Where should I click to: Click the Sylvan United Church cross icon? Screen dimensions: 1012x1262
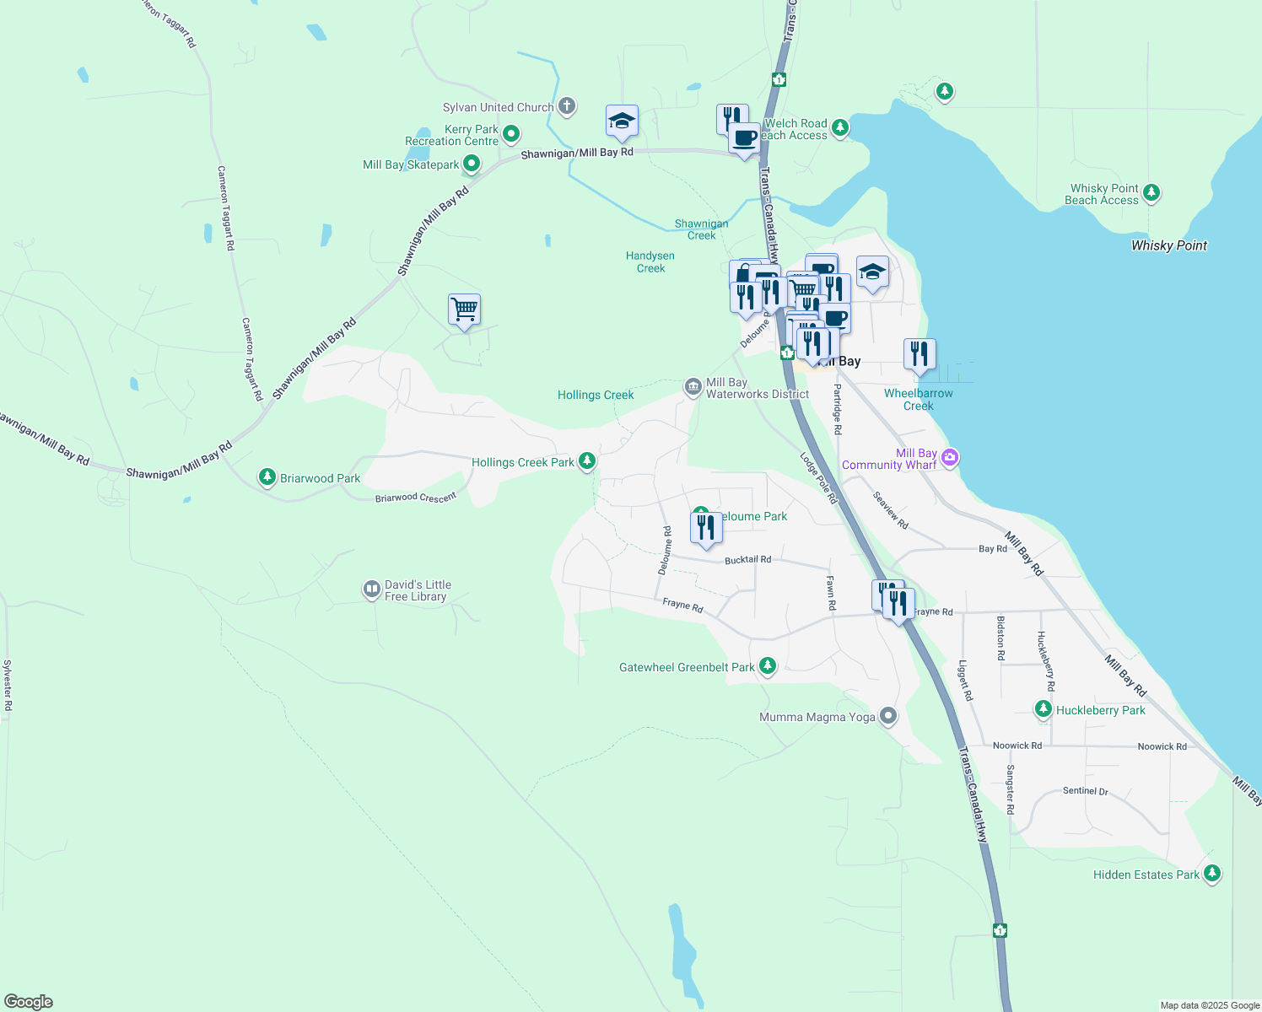click(567, 106)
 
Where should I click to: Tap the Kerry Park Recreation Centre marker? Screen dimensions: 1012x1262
click(511, 134)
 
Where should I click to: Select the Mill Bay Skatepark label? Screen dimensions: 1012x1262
click(411, 164)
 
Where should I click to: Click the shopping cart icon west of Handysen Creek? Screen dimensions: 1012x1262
click(465, 310)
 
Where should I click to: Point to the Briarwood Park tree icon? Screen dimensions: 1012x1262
click(267, 477)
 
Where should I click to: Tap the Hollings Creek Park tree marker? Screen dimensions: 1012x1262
click(587, 461)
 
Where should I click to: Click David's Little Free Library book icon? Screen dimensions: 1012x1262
click(371, 589)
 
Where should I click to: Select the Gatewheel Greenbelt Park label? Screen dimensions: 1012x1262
click(687, 667)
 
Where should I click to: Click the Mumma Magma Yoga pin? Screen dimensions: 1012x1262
click(887, 717)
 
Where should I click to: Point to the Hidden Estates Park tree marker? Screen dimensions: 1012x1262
click(1212, 874)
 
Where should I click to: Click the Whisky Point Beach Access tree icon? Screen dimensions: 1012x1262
click(1151, 193)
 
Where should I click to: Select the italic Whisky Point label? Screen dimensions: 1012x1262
click(1168, 245)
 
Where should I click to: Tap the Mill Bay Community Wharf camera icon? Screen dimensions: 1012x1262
click(950, 458)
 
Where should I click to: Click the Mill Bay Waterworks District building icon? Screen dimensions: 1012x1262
click(693, 387)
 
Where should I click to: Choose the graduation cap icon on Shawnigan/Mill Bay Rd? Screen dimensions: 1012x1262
click(622, 121)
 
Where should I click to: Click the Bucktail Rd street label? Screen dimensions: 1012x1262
click(747, 560)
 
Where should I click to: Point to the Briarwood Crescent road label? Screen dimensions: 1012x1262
click(415, 498)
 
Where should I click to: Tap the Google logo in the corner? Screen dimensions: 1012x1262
click(29, 1001)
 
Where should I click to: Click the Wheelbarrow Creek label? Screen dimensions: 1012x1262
click(918, 399)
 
